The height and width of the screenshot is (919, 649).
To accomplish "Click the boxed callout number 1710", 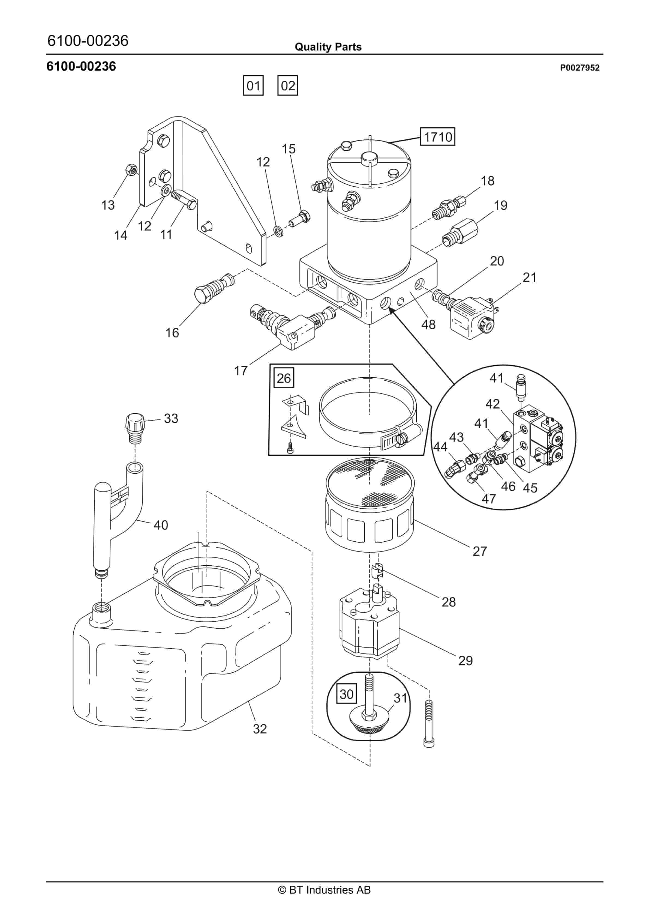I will coord(437,137).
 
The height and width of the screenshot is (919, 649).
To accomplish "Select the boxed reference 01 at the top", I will coord(253,86).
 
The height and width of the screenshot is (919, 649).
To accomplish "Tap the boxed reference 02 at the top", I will coord(288,86).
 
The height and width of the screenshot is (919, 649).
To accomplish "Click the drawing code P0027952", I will coord(579,68).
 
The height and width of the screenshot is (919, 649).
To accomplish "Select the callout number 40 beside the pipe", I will coord(161,525).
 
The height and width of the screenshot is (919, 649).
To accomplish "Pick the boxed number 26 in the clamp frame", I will coord(284,378).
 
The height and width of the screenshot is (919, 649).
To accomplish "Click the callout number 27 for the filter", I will coord(480,551).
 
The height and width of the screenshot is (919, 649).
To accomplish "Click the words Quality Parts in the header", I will coord(328,47).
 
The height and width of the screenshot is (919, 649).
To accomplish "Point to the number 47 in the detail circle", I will coord(489,499).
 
